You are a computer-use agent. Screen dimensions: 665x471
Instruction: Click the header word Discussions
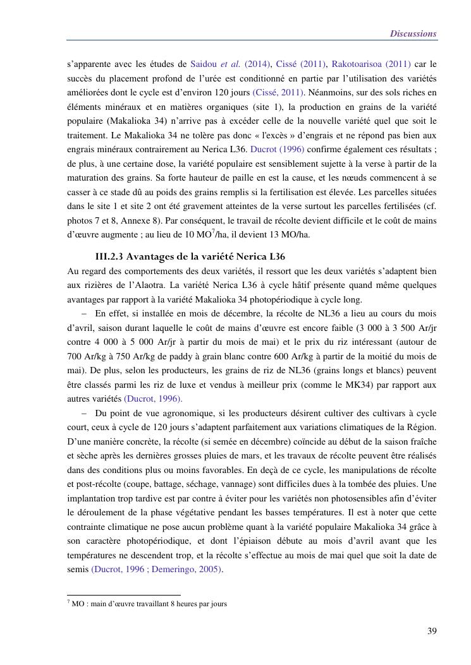click(x=413, y=33)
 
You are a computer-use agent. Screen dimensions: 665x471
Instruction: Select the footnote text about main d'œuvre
click(x=149, y=603)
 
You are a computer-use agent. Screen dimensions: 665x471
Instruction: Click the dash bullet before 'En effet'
click(x=85, y=313)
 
